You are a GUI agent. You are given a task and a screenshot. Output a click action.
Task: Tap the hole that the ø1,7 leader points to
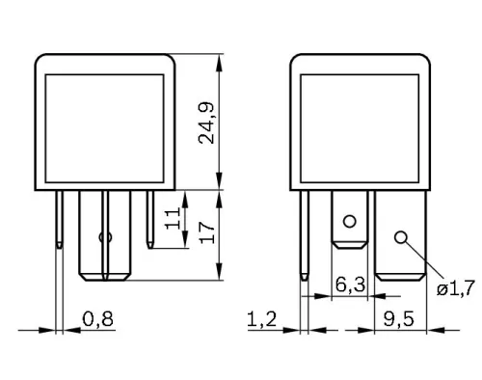coord(399,234)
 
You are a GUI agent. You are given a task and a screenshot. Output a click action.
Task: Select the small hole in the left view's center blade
coord(106,235)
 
